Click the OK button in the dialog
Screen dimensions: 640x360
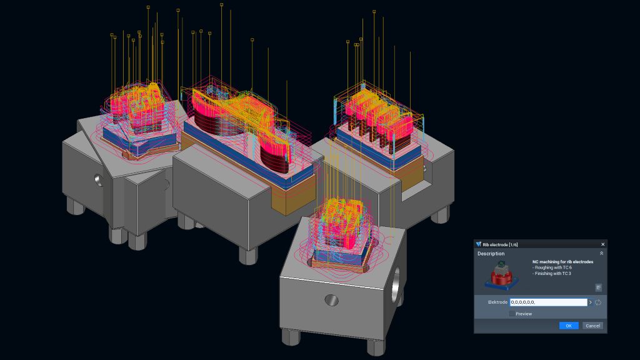click(569, 326)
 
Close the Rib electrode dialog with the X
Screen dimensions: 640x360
click(603, 244)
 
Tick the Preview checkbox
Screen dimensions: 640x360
click(512, 314)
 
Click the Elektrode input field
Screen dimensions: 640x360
click(548, 302)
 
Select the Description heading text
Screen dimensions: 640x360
click(491, 254)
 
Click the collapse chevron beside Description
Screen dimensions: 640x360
click(601, 254)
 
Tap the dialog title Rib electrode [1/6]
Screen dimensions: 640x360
click(500, 244)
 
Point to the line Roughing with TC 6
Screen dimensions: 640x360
click(552, 267)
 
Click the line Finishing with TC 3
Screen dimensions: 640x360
click(552, 274)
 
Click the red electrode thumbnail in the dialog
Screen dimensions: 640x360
click(502, 276)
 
